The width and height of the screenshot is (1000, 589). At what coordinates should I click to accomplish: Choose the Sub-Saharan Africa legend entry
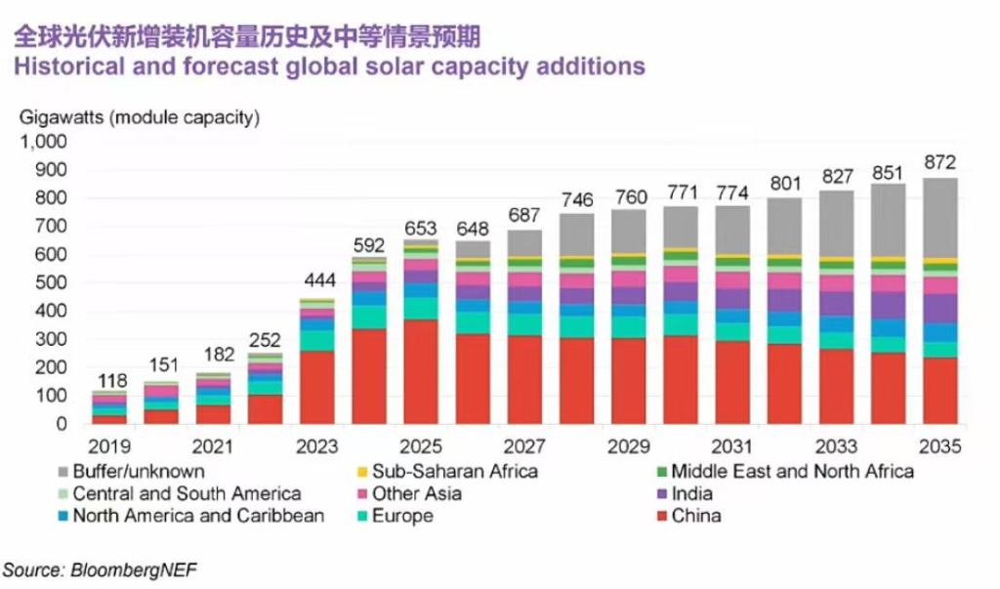445,472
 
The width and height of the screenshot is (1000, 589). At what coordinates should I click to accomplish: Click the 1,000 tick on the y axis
42,142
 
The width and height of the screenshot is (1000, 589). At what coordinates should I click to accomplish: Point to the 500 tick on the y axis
50,283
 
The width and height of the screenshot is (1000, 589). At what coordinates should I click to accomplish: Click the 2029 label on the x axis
629,447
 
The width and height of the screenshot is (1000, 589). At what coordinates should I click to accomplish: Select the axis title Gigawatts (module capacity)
140,118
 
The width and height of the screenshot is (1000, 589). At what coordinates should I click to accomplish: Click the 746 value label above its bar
576,199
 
